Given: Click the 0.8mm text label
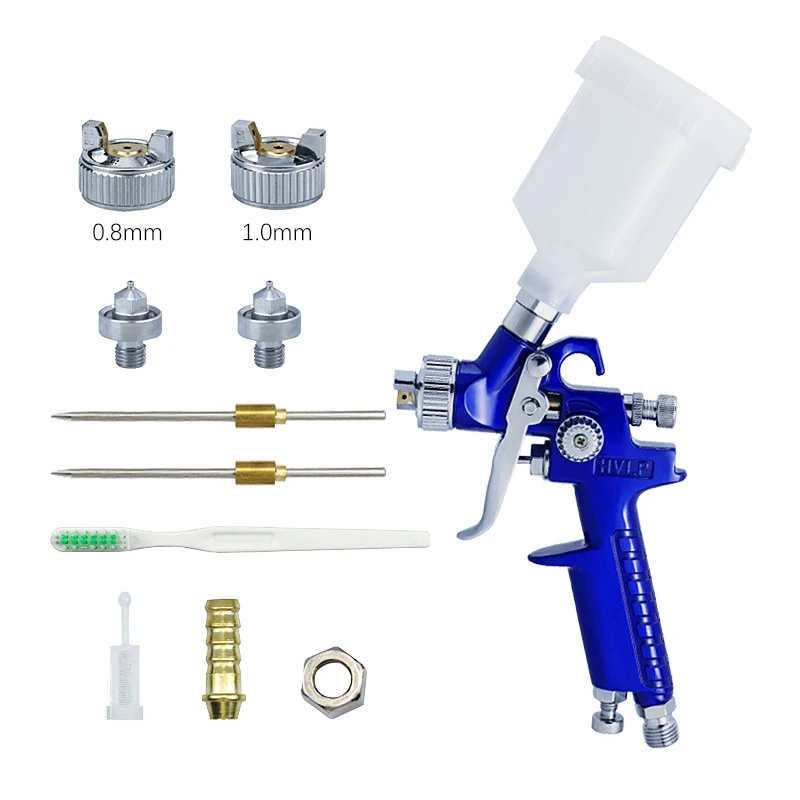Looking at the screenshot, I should pyautogui.click(x=127, y=234).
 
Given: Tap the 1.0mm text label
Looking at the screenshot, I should pyautogui.click(x=277, y=234).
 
